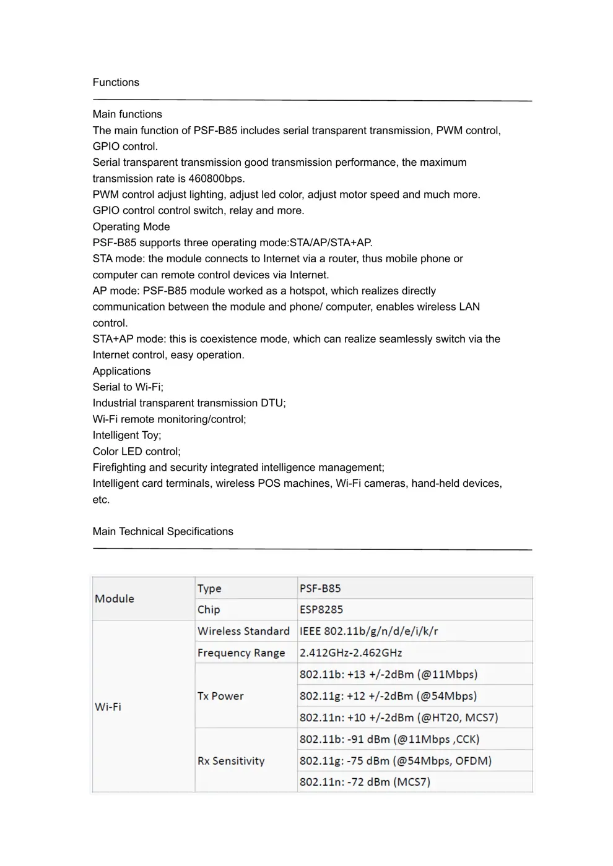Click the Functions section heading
116,82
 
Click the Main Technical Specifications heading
163,531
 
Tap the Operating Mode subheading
131,226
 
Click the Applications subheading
121,371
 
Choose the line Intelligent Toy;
127,435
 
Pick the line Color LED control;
137,452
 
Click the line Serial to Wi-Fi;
128,387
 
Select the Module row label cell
143,599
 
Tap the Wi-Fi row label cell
143,706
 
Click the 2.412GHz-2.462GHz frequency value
351,653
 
